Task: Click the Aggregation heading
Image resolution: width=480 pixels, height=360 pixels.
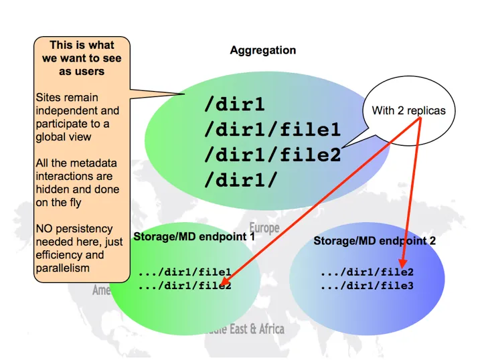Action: [262, 51]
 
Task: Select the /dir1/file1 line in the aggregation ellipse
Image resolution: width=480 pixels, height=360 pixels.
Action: [272, 130]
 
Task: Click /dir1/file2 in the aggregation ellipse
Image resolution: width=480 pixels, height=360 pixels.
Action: [272, 155]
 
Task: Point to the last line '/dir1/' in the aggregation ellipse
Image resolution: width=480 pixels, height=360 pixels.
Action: [238, 181]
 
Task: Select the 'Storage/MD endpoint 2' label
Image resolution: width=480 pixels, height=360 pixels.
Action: [374, 241]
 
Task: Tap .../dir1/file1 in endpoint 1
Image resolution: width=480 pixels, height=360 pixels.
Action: [185, 273]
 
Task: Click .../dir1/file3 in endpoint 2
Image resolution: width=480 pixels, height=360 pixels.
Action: [367, 286]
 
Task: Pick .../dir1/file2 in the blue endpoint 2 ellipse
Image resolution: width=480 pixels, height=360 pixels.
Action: [367, 272]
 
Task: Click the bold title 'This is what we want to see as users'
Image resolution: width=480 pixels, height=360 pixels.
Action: [82, 58]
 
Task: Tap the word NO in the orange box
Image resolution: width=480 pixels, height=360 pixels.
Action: [44, 229]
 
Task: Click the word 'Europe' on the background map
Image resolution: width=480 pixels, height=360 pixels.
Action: [264, 228]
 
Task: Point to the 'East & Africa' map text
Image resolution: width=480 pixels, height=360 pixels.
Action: [258, 329]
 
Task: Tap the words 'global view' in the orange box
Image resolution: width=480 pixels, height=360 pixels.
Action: [63, 137]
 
